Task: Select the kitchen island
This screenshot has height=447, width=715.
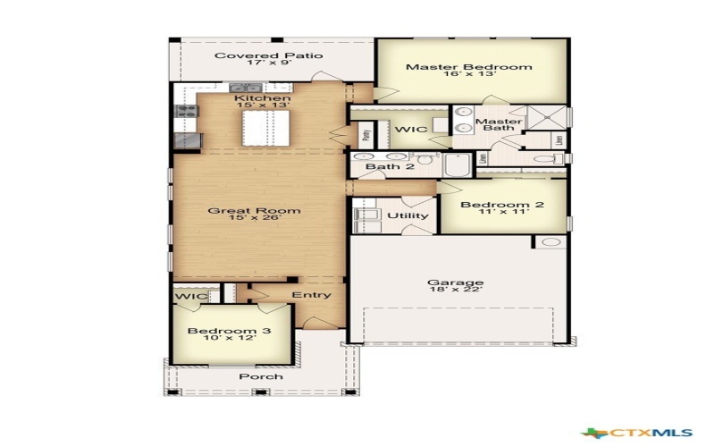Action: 261,124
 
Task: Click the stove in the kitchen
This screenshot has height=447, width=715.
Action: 187,112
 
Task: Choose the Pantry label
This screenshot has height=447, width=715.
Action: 366,135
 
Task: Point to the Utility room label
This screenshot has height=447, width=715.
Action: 408,215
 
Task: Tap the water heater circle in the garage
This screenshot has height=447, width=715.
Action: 551,242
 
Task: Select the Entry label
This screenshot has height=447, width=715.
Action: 311,295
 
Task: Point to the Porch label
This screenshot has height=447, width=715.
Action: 261,376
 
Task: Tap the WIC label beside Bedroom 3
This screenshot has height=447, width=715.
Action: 190,296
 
